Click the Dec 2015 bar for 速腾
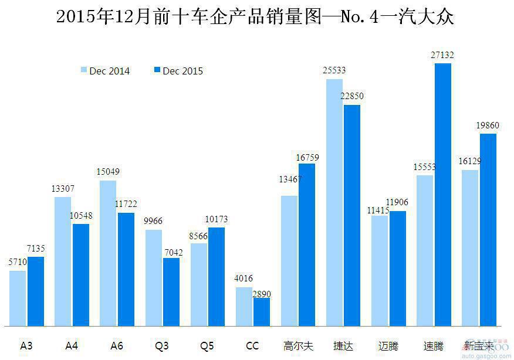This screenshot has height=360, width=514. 443,194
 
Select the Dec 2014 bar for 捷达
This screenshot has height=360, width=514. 334,202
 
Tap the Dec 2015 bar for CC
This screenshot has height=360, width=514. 262,311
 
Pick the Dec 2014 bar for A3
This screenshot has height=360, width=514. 18,298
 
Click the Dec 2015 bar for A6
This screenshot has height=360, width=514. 126,269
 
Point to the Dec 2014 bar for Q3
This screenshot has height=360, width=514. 154,277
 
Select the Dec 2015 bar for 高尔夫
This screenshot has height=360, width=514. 307,244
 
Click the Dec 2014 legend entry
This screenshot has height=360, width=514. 105,71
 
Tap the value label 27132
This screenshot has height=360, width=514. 442,55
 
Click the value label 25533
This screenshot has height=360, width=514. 334,70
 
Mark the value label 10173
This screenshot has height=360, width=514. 216,219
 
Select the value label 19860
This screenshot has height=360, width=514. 487,125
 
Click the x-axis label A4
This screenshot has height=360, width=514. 72,346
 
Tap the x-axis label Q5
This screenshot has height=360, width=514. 207,346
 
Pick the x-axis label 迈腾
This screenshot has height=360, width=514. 388,346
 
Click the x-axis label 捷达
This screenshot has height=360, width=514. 343,346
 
